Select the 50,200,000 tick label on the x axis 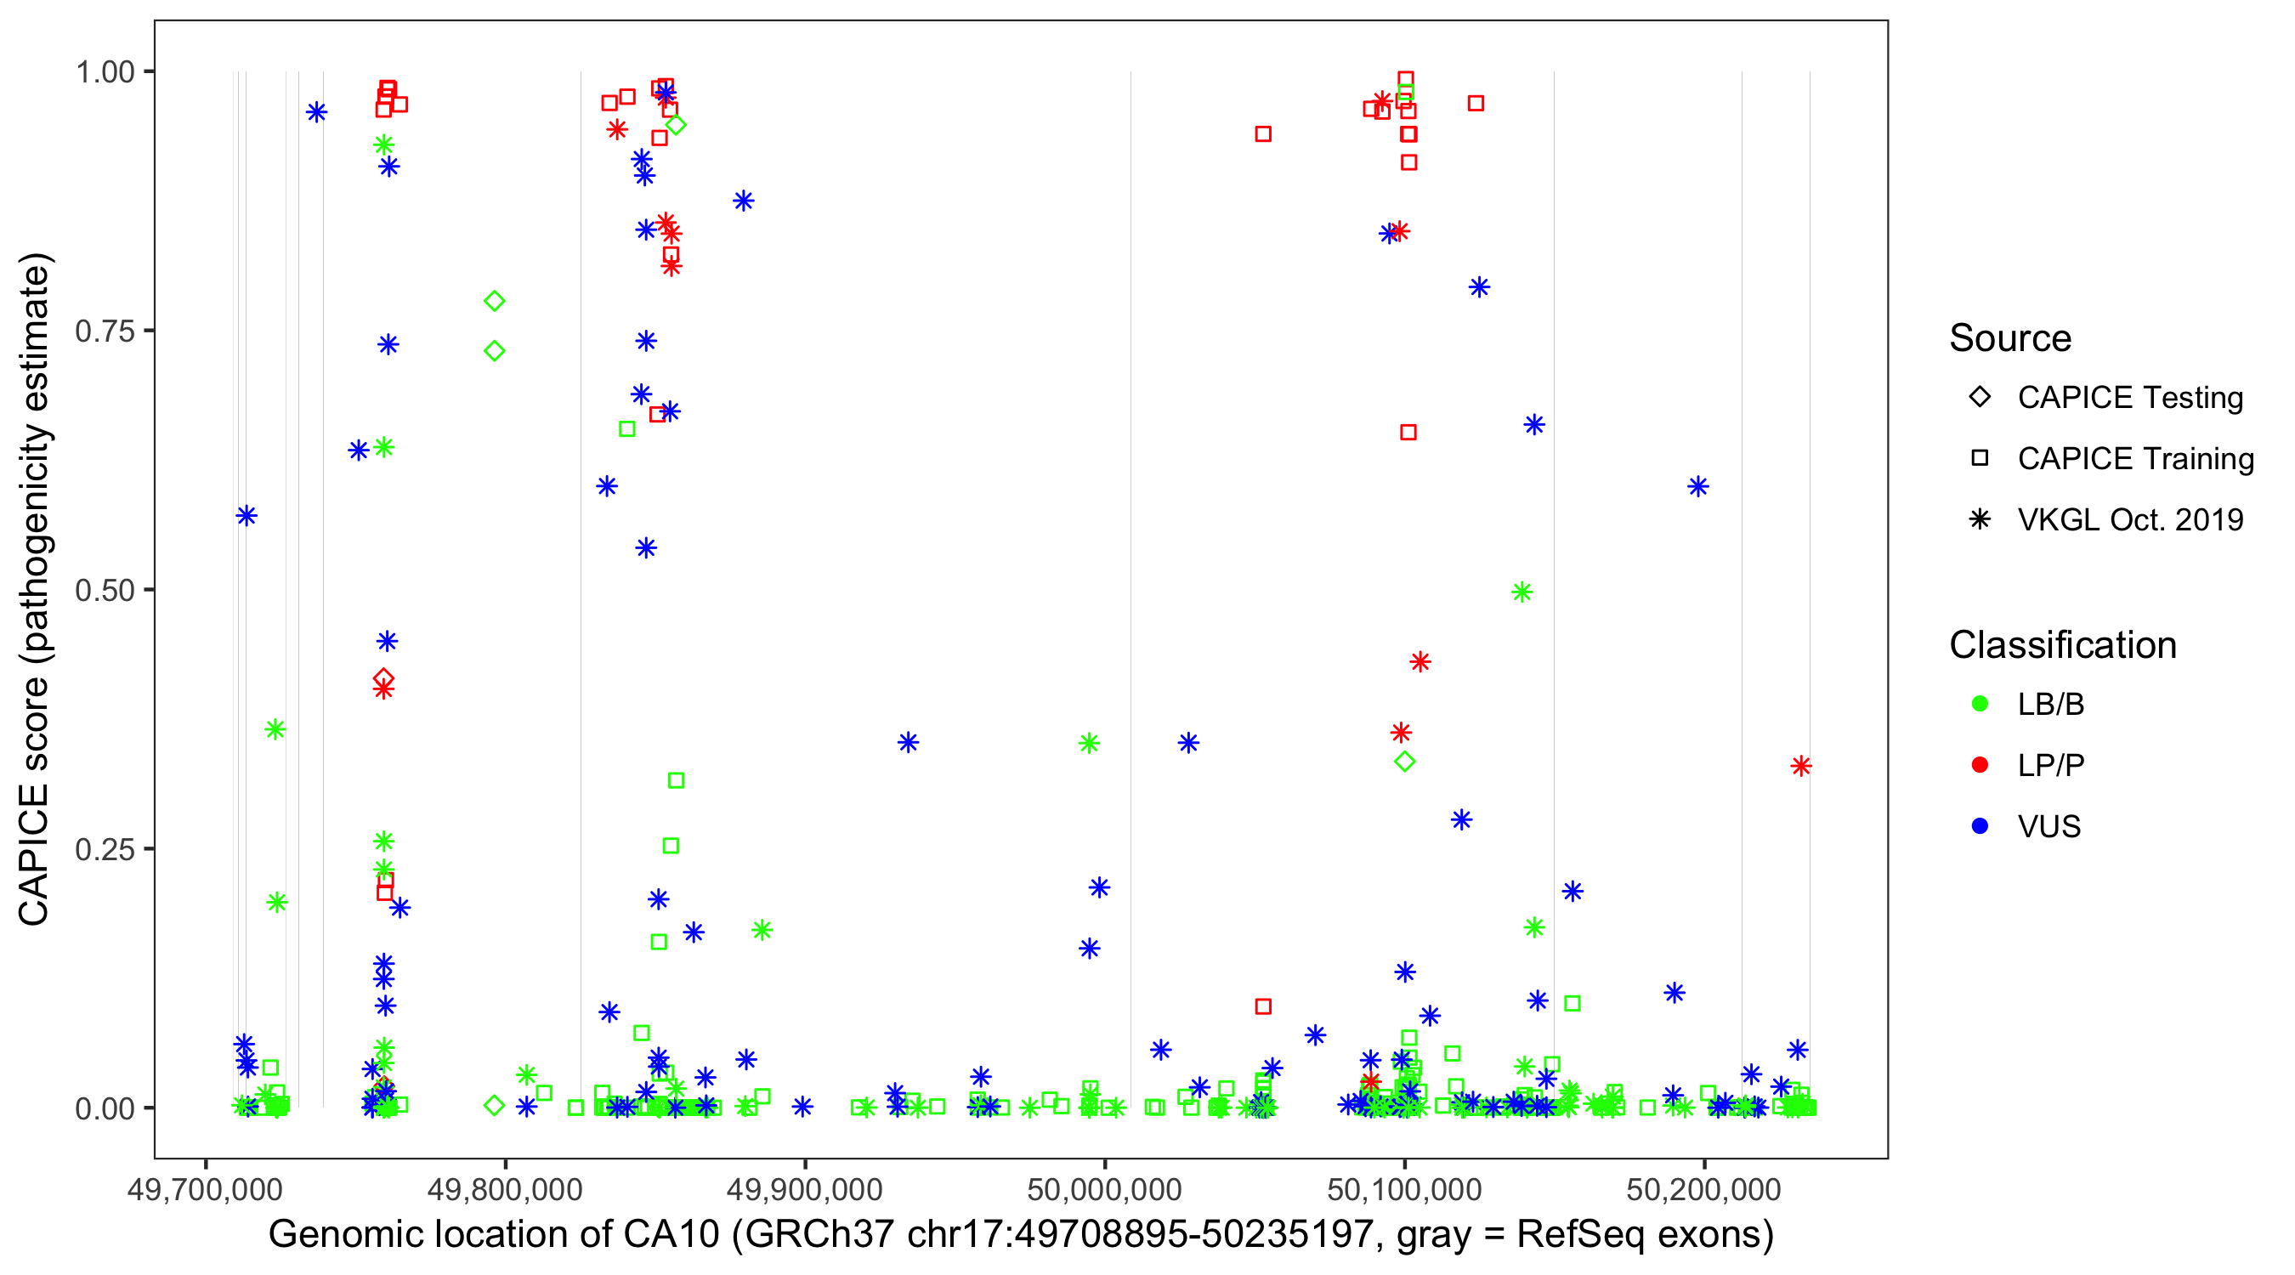(1703, 1189)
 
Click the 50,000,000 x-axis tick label (1105, 1189)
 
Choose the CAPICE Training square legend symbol (1980, 458)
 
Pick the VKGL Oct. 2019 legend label (2130, 519)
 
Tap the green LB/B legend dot (1980, 704)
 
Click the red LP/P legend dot (1980, 765)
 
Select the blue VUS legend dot (1980, 826)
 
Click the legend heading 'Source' (2010, 338)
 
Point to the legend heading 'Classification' (2062, 645)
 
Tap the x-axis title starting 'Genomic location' (1020, 1235)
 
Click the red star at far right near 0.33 (1800, 766)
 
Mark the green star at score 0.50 (1521, 592)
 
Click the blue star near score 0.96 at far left (316, 112)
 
